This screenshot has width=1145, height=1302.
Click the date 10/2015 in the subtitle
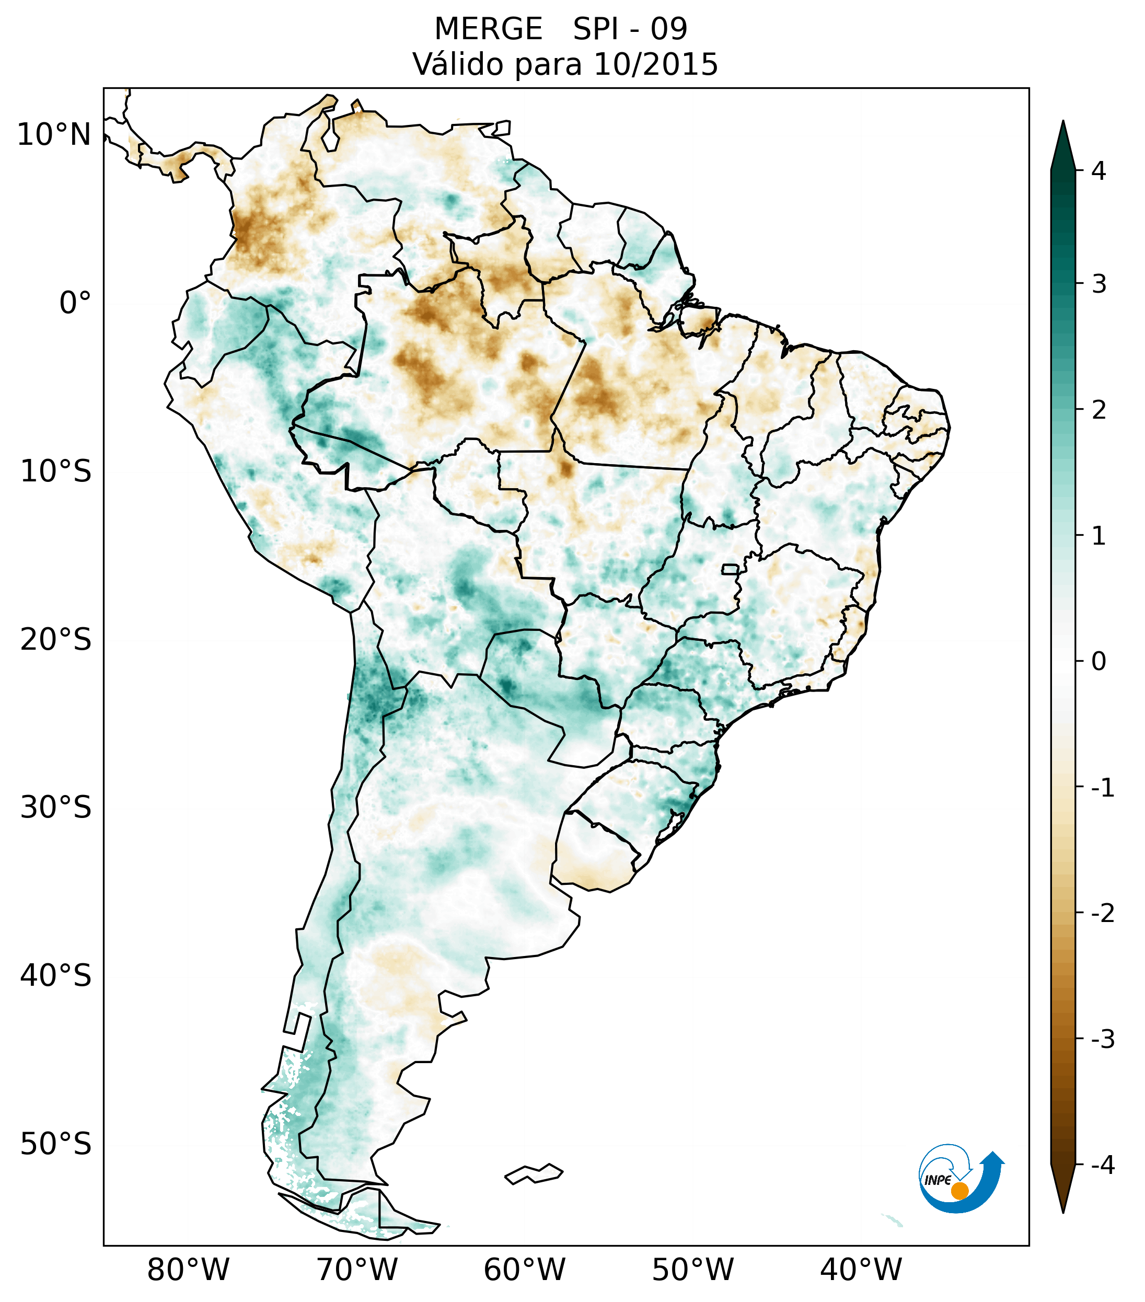pos(655,64)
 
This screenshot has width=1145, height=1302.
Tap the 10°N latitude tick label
pos(54,135)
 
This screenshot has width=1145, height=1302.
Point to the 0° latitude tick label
pos(75,303)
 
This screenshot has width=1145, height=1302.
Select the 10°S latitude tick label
pos(56,471)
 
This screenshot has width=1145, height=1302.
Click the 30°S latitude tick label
pos(56,808)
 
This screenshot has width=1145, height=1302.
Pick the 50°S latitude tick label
pos(56,1145)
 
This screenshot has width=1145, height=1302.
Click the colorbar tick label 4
pos(1098,171)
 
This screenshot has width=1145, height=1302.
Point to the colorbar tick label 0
pos(1098,662)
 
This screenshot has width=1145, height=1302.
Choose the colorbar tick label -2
pos(1102,914)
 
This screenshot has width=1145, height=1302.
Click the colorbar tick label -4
pos(1102,1166)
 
